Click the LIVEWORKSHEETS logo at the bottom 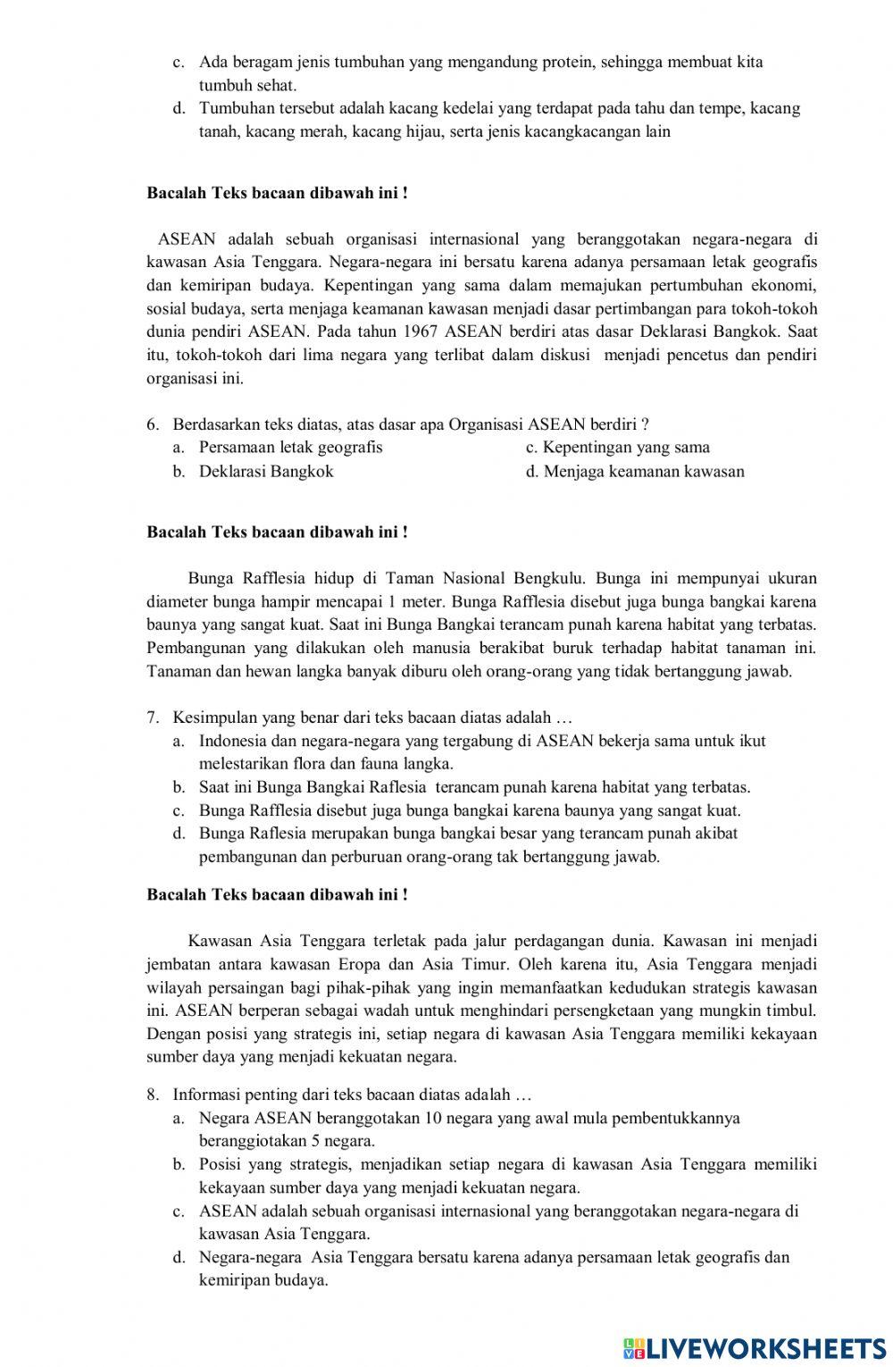tap(755, 1347)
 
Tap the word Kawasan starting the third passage tap(220, 941)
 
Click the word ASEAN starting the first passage tap(187, 239)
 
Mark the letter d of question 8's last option tap(179, 1258)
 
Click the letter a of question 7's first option tap(179, 742)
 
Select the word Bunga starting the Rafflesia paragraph tap(210, 578)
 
